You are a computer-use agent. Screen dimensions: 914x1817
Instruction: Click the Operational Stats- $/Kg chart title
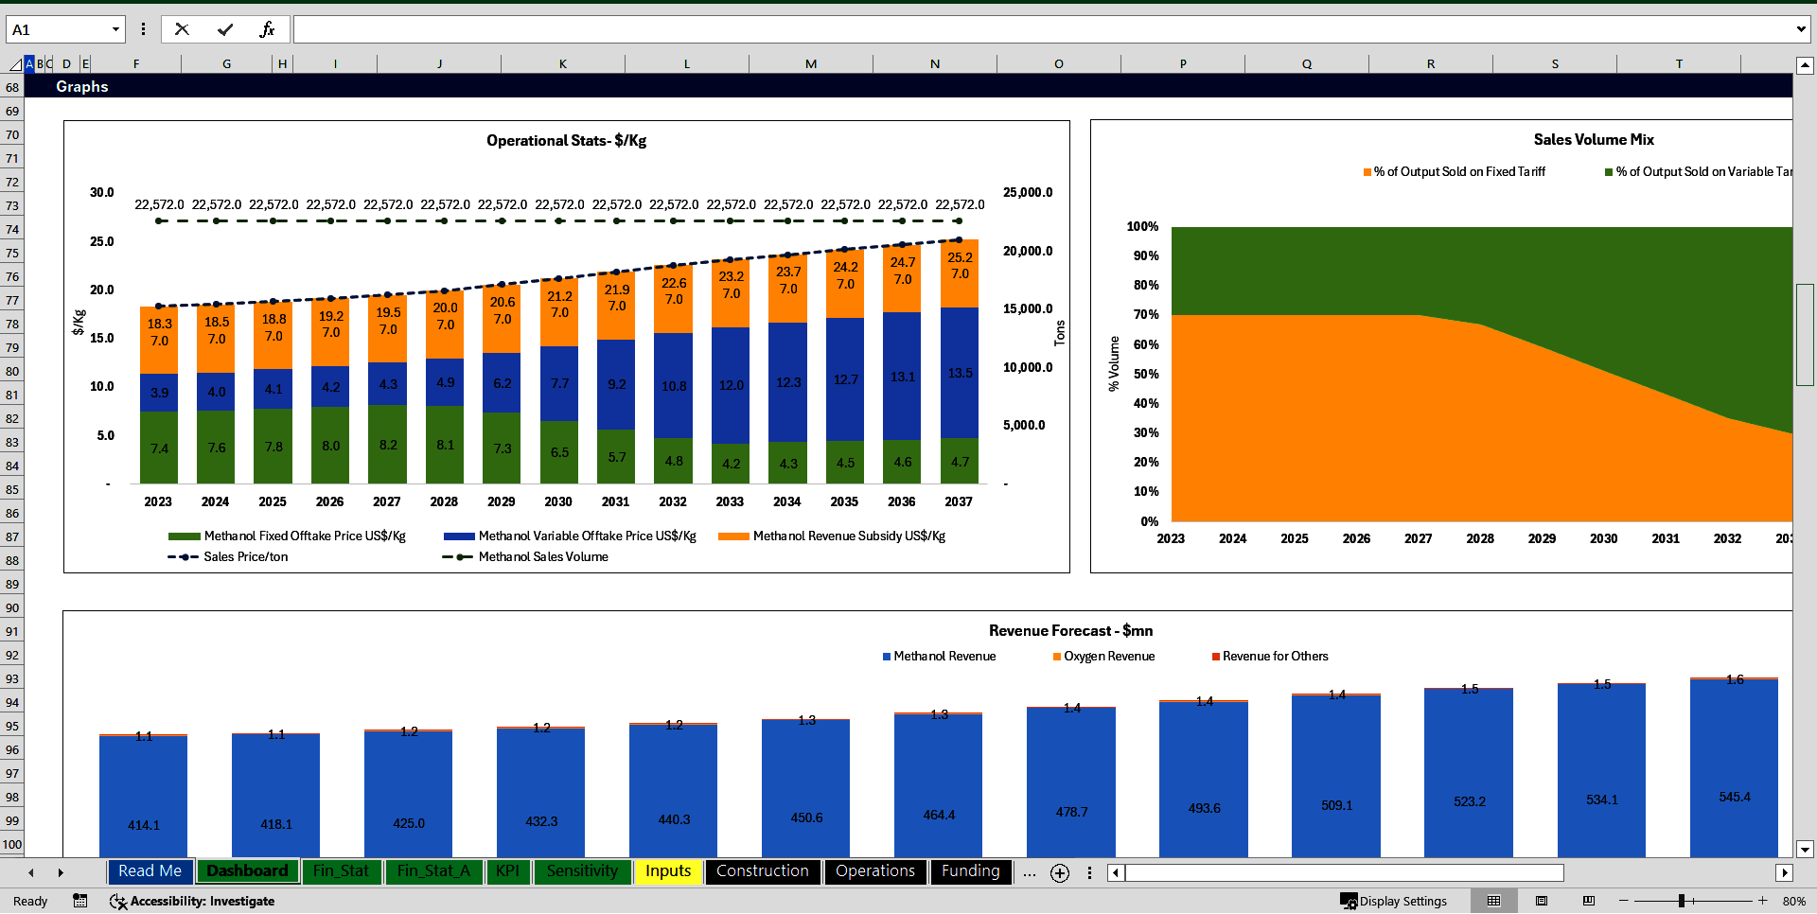pos(566,141)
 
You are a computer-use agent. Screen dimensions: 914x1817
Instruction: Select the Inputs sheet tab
pos(667,871)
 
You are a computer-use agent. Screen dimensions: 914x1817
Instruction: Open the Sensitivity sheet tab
pos(581,871)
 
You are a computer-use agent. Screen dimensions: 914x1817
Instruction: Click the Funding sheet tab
pos(970,871)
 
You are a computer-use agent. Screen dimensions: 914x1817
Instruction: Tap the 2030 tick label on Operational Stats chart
pos(558,501)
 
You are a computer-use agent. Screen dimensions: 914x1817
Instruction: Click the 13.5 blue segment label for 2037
pos(960,374)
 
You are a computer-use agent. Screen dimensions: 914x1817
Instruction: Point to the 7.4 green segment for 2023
pos(159,448)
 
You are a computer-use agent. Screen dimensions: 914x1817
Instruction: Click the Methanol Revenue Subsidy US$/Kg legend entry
pos(848,536)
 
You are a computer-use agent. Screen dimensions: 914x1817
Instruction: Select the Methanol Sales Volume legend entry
pos(542,557)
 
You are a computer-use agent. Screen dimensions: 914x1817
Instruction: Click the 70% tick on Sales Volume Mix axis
pos(1145,315)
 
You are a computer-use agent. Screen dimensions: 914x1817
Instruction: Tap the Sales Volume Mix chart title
pos(1594,140)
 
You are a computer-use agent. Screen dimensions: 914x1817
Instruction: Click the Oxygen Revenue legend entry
pos(1108,657)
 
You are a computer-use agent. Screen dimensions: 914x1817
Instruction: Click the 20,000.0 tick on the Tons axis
pos(1028,251)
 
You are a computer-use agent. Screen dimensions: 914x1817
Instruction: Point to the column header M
pos(811,64)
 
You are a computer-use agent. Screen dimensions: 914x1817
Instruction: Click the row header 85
pos(12,489)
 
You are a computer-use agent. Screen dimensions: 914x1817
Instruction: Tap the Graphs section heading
pos(82,87)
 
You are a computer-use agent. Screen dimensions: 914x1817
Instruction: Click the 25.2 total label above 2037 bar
pos(960,257)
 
